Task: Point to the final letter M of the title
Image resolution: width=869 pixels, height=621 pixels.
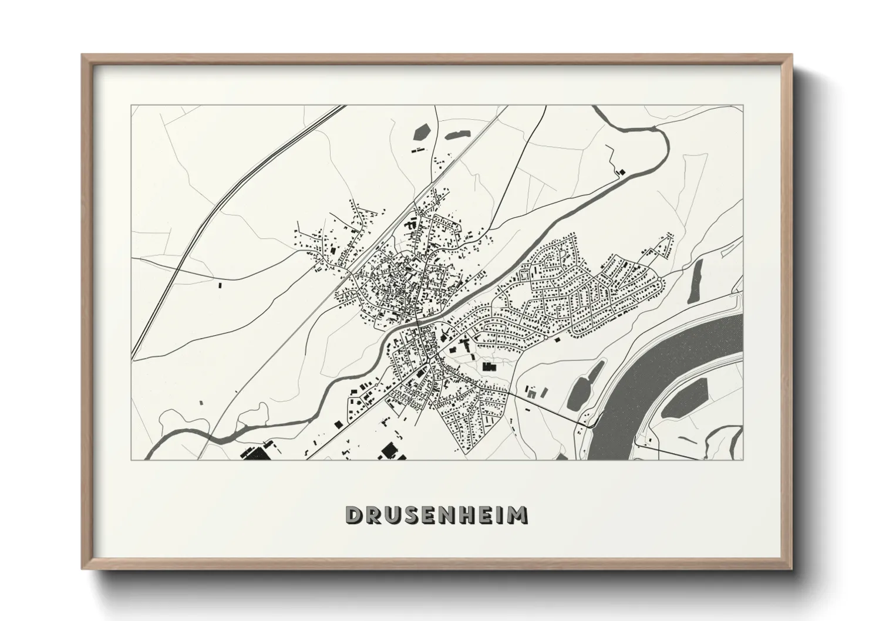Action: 517,515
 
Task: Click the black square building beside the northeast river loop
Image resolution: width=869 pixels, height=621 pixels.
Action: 621,171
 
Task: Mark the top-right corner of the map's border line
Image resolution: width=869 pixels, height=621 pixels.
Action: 743,106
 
